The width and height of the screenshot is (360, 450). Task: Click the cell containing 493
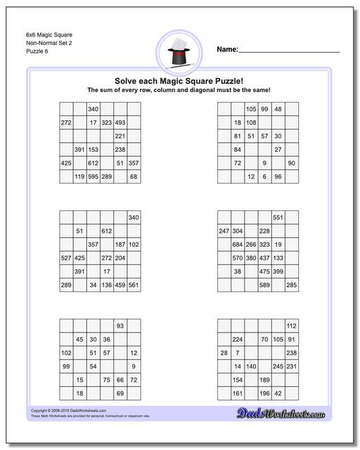click(x=120, y=122)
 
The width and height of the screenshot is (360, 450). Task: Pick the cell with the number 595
click(x=93, y=176)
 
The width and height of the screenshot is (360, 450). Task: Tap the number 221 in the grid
click(x=120, y=136)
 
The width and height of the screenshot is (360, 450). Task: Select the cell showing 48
click(x=278, y=109)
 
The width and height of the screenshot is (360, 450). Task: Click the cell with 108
click(x=251, y=122)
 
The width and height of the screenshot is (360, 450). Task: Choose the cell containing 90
click(x=291, y=163)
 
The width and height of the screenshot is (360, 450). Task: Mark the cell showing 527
click(x=66, y=258)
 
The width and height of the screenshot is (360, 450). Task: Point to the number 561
click(x=134, y=285)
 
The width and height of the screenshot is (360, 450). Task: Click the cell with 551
click(x=278, y=218)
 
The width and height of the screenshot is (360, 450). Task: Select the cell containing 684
click(x=238, y=245)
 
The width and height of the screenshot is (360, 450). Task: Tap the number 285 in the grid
click(x=291, y=285)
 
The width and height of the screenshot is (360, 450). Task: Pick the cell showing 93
click(x=120, y=326)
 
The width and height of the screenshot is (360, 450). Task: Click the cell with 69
click(x=120, y=393)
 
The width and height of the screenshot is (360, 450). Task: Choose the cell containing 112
click(x=291, y=326)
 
